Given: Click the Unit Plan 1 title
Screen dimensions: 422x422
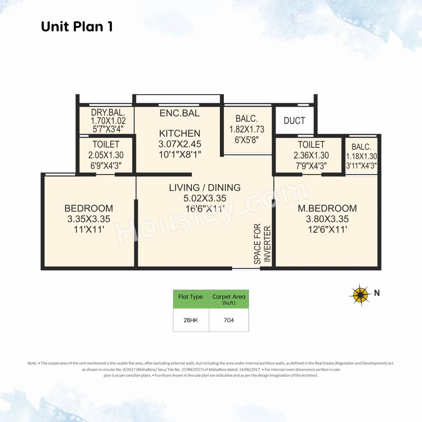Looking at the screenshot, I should (77, 27).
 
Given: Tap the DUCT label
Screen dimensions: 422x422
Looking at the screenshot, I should (294, 121).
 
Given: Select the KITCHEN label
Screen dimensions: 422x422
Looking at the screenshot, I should (180, 134).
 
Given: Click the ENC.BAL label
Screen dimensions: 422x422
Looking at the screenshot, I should (180, 113).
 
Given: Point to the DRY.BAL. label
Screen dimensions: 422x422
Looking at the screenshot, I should (108, 112).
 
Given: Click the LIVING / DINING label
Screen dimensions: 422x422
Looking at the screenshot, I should (205, 188).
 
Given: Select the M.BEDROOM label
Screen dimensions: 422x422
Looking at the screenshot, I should (327, 208).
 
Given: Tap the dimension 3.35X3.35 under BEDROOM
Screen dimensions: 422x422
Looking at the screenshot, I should (89, 219).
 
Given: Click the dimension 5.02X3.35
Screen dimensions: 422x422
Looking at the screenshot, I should (205, 198).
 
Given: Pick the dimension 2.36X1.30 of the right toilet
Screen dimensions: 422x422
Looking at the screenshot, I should (311, 155).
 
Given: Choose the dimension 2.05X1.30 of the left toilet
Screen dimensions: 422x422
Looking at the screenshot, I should (106, 155).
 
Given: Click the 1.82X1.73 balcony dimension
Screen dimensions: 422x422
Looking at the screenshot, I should (247, 129).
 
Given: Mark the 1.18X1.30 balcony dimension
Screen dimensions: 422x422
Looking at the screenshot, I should (361, 156).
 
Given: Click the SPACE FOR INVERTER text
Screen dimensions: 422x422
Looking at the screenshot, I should (262, 244).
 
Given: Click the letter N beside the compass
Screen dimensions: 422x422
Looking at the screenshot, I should (377, 293).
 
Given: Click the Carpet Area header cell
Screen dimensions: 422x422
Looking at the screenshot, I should (229, 299).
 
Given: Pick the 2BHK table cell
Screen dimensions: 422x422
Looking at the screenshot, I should (191, 320).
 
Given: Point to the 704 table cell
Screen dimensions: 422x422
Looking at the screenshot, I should (229, 320).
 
